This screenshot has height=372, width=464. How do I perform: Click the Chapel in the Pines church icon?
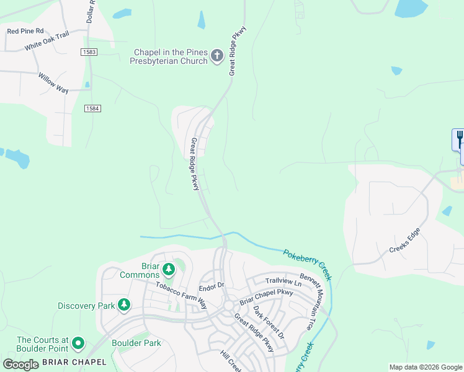pyautogui.click(x=217, y=56)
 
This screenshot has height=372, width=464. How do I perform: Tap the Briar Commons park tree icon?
pyautogui.click(x=168, y=270)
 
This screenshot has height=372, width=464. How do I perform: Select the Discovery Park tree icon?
pyautogui.click(x=125, y=304)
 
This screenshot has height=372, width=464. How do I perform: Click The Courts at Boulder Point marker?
pyautogui.click(x=78, y=343)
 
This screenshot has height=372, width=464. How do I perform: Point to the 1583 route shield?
pyautogui.click(x=89, y=52)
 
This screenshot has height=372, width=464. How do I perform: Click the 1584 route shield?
pyautogui.click(x=93, y=108)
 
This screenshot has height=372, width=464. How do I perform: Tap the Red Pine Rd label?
pyautogui.click(x=25, y=30)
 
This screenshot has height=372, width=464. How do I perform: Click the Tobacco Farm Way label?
pyautogui.click(x=181, y=297)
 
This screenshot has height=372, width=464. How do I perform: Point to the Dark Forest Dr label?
pyautogui.click(x=268, y=322)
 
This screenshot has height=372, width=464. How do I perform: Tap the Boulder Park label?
pyautogui.click(x=136, y=343)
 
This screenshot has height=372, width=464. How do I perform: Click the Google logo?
pyautogui.click(x=20, y=364)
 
